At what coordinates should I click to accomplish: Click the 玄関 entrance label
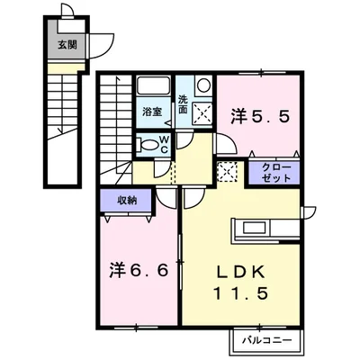[x=67, y=45]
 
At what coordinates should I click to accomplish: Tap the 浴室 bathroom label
[x=152, y=112]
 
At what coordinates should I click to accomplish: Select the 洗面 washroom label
[x=183, y=104]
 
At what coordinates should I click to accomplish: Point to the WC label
[x=164, y=144]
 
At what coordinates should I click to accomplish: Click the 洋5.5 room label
[x=260, y=116]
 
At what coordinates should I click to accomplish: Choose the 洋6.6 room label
[x=138, y=270]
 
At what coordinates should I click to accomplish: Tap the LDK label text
[x=241, y=273]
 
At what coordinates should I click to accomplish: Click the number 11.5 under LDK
[x=240, y=293]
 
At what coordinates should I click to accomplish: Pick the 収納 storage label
[x=127, y=200]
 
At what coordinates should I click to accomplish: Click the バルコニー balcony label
[x=267, y=340]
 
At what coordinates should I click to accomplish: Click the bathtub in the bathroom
[x=153, y=85]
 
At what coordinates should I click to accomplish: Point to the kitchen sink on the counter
[x=254, y=228]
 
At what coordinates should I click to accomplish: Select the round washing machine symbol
[x=203, y=85]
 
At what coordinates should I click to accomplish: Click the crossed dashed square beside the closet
[x=227, y=172]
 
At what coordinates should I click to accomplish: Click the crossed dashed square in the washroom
[x=202, y=113]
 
